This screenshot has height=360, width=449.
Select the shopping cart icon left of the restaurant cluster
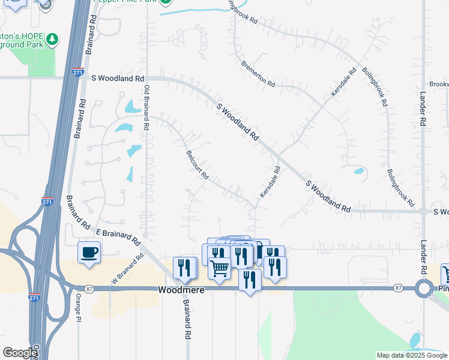tap(220, 268)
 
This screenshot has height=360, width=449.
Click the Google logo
tap(19, 353)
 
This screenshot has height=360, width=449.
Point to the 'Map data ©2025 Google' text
tap(411, 355)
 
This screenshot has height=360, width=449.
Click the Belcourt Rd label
tap(197, 165)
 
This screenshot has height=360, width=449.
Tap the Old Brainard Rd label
tap(146, 108)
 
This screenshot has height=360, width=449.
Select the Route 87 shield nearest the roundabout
tap(398, 289)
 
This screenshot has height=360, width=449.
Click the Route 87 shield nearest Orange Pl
tap(88, 289)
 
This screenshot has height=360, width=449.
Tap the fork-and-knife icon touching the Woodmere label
tap(249, 279)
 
